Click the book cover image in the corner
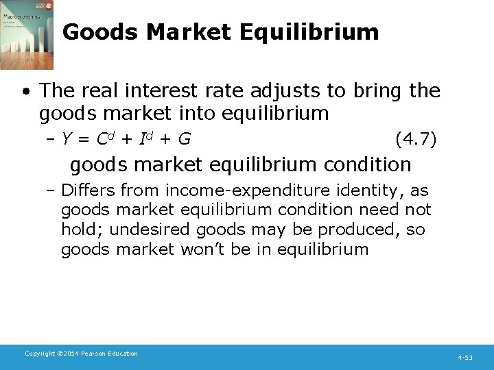point(26,35)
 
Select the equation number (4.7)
point(416,139)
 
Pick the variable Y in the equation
point(67,140)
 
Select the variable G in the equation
point(184,140)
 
